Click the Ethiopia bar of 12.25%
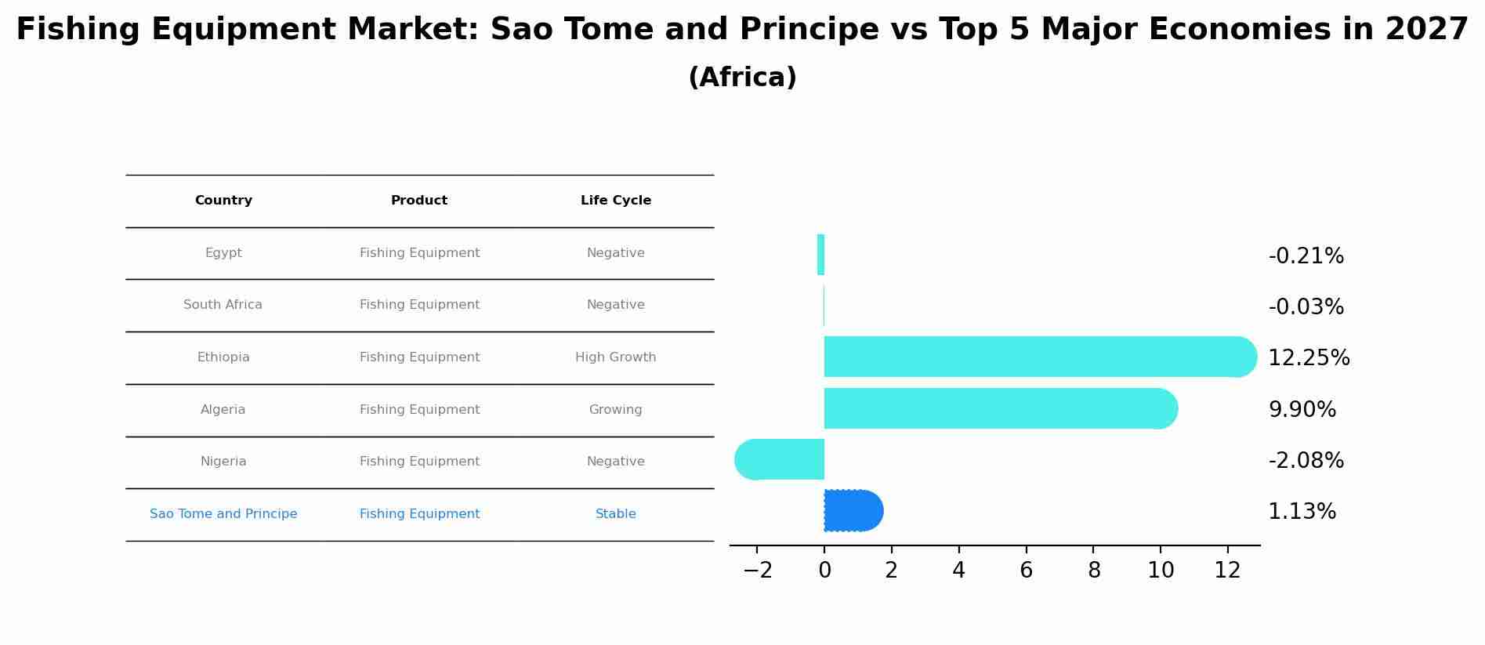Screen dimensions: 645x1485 1034,357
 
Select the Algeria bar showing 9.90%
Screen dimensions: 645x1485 995,408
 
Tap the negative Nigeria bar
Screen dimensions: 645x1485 780,459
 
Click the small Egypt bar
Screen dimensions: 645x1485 820,255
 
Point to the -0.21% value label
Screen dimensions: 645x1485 1306,256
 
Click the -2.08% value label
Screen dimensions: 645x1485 1306,461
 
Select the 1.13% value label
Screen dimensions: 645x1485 1302,512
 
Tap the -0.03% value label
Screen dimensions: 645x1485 1306,307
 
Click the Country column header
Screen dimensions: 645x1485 223,201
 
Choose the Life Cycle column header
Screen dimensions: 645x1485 615,201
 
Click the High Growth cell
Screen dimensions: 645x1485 615,357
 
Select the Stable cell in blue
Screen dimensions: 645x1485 615,514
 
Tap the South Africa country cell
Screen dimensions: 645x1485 223,305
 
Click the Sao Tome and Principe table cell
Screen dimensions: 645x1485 223,514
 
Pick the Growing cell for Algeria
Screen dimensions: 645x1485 615,410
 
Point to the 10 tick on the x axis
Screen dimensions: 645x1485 1161,571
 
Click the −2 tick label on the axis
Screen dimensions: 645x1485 757,571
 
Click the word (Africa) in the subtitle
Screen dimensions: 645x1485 742,78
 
